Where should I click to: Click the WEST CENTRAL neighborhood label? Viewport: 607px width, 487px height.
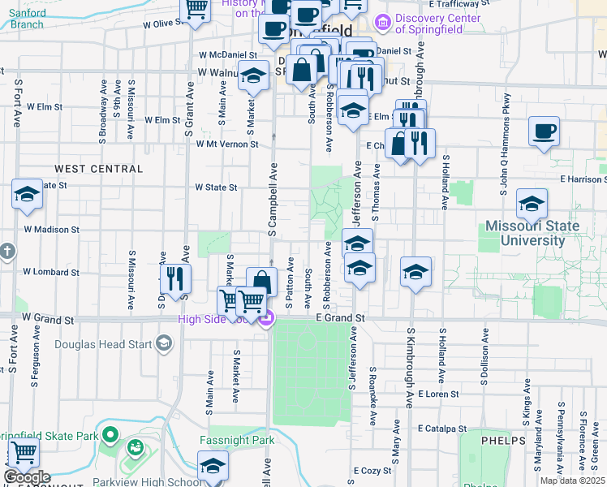pyautogui.click(x=98, y=169)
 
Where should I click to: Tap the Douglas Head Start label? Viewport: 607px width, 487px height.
pyautogui.click(x=103, y=344)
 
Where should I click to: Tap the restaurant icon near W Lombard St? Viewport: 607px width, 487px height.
pyautogui.click(x=175, y=278)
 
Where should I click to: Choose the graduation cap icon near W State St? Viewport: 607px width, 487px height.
pyautogui.click(x=27, y=195)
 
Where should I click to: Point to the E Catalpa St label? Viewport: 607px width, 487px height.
pyautogui.click(x=442, y=428)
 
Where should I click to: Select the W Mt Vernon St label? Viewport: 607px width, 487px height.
pyautogui.click(x=227, y=144)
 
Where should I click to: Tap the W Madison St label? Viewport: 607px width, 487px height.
pyautogui.click(x=51, y=230)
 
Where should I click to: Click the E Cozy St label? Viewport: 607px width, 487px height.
pyautogui.click(x=372, y=471)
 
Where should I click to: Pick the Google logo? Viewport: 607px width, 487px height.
pyautogui.click(x=27, y=477)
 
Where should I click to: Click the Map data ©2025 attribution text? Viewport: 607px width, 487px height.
pyautogui.click(x=573, y=481)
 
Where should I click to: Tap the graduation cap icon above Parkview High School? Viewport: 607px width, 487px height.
pyautogui.click(x=213, y=466)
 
